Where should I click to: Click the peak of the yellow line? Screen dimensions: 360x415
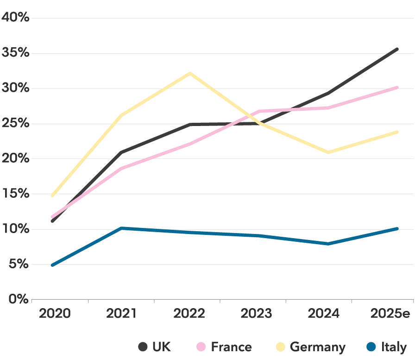pos(190,73)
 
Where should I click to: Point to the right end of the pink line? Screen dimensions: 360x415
pos(398,88)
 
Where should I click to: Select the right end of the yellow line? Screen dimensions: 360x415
pos(398,133)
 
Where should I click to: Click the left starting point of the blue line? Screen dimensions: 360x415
pos(51,265)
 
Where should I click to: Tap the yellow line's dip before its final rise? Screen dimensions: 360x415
pos(328,152)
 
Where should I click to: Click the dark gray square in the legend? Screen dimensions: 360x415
pos(142,346)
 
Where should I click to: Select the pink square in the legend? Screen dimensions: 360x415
pos(201,346)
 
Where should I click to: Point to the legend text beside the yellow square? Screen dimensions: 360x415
pos(318,346)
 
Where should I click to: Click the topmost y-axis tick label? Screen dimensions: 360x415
pos(15,18)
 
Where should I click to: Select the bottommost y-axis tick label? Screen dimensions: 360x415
pos(18,298)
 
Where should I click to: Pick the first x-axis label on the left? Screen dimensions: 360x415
pos(53,314)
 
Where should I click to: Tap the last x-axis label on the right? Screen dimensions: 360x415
pos(391,314)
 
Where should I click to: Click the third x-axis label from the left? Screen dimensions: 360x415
pos(189,314)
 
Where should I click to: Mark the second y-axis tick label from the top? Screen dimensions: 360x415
pos(15,53)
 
